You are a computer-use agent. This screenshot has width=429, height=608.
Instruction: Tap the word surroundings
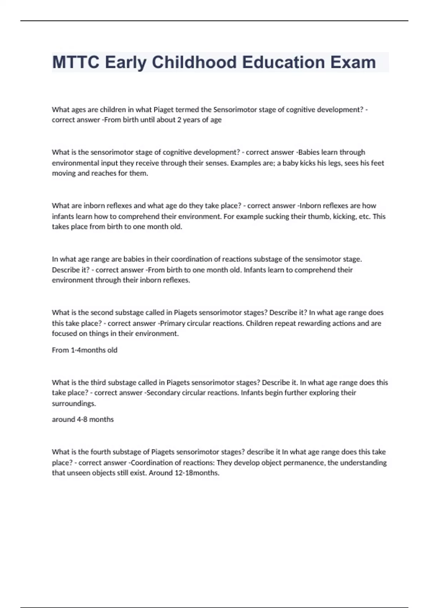tap(74, 403)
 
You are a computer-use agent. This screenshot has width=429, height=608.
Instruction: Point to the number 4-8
tap(82, 420)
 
